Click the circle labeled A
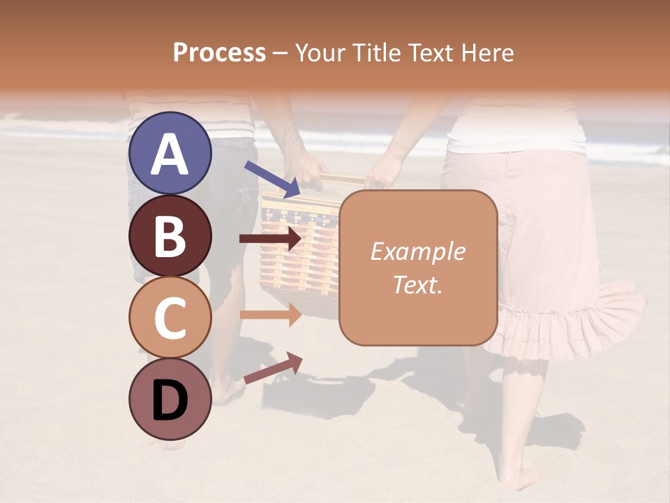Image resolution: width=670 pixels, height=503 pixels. click(x=170, y=154)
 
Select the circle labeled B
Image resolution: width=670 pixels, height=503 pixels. click(x=170, y=235)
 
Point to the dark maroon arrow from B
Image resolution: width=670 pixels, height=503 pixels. click(x=271, y=239)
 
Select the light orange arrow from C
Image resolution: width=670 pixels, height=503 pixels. click(x=271, y=314)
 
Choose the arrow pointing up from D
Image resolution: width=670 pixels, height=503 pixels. click(x=273, y=368)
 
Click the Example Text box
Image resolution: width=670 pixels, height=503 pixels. click(x=418, y=268)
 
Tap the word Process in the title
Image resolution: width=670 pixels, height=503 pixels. click(x=219, y=52)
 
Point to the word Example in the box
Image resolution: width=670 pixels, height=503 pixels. click(x=417, y=251)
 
